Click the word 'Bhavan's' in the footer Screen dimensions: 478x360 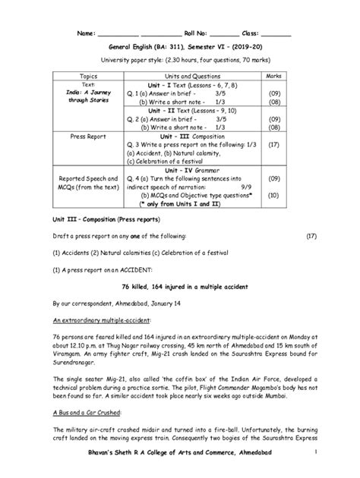[x=97, y=452]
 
